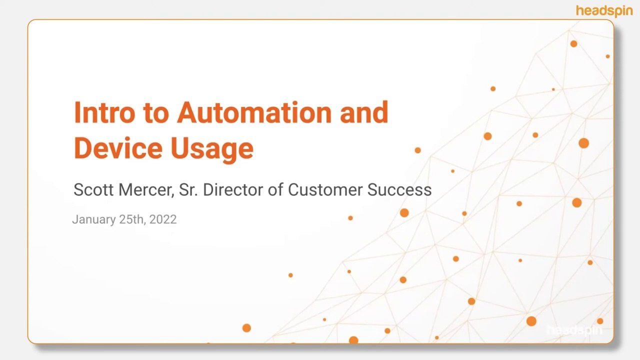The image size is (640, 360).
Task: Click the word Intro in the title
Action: point(104,112)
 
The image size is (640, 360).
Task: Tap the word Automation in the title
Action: point(254,112)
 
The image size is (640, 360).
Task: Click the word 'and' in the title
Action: point(363,112)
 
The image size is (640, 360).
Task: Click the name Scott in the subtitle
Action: point(91,190)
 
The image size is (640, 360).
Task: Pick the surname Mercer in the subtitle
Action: point(146,190)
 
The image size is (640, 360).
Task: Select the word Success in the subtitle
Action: point(399,190)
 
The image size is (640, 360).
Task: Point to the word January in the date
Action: point(93,219)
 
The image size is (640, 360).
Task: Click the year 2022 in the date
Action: point(163,219)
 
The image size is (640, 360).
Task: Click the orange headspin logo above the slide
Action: point(604,10)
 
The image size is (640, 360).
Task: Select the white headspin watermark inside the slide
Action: point(574,330)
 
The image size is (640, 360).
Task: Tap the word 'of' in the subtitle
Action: point(276,190)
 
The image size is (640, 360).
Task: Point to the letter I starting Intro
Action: point(77,112)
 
